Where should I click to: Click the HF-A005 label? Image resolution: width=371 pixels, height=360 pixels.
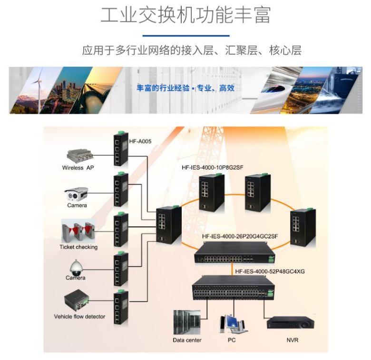140,141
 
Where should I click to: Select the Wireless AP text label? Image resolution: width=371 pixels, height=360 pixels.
78,168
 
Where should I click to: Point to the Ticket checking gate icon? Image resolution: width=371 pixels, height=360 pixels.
78,231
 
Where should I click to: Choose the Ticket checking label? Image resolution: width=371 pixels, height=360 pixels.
78,247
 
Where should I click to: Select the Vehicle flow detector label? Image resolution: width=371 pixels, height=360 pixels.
80,316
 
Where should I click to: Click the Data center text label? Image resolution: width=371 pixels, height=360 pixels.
187,340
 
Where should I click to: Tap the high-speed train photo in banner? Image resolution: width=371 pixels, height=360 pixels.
281,90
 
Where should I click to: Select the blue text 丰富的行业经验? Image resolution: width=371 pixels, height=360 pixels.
163,88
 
